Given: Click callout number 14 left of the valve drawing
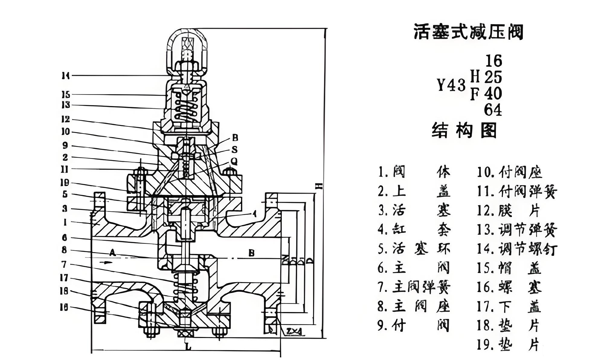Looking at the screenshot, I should pyautogui.click(x=66, y=76).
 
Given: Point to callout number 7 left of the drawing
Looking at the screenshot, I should pyautogui.click(x=64, y=265).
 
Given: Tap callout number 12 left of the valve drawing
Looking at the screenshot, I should pyautogui.click(x=66, y=119).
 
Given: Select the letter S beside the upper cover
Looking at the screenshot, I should pyautogui.click(x=235, y=150).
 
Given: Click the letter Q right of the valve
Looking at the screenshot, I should pyautogui.click(x=234, y=162).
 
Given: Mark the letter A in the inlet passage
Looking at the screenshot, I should pyautogui.click(x=112, y=252).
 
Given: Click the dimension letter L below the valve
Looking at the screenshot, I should pyautogui.click(x=188, y=347).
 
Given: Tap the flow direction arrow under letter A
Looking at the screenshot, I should pyautogui.click(x=108, y=262).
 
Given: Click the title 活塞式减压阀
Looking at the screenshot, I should pyautogui.click(x=468, y=32).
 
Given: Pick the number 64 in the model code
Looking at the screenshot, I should pyautogui.click(x=493, y=110).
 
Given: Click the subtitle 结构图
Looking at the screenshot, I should pyautogui.click(x=464, y=131).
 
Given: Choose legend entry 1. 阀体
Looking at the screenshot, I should pyautogui.click(x=414, y=172).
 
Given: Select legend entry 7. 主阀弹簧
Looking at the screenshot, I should pyautogui.click(x=414, y=287).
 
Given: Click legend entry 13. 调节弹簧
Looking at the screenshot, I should pyautogui.click(x=517, y=230).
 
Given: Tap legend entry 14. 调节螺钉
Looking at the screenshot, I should pyautogui.click(x=517, y=249).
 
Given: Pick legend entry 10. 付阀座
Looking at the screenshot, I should pyautogui.click(x=509, y=172).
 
